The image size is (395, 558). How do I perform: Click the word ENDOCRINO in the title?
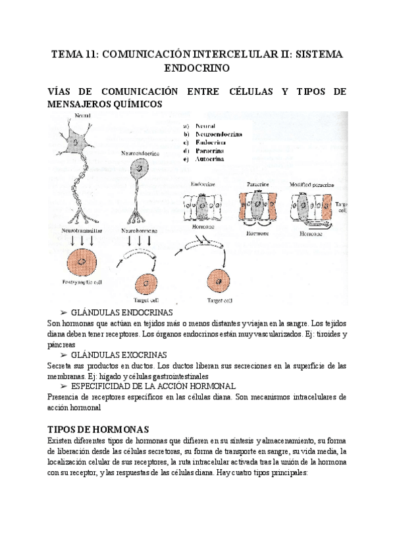pos(197,67)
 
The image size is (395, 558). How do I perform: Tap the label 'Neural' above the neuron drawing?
pos(82,116)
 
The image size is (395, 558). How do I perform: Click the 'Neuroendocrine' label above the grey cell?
pos(140,153)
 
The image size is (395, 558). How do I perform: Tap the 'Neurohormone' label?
pos(139,231)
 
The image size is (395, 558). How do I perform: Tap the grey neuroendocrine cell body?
pos(140,169)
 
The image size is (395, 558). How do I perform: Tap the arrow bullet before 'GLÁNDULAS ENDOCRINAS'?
pos(64,312)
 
